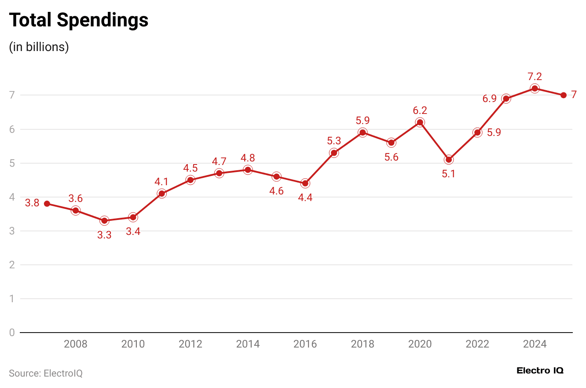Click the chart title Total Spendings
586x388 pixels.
click(79, 20)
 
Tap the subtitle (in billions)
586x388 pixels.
click(39, 47)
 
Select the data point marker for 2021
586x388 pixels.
click(449, 160)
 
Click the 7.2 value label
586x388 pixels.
click(535, 77)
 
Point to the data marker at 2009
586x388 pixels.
click(104, 220)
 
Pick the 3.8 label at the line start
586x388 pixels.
click(32, 203)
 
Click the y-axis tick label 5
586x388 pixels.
click(12, 163)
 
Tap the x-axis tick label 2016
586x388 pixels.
click(305, 344)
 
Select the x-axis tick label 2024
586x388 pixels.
click(535, 344)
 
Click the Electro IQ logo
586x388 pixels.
click(540, 370)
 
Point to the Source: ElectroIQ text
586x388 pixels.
click(46, 373)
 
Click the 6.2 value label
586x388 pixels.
click(420, 110)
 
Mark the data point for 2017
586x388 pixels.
click(334, 153)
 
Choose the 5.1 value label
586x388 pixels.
click(449, 174)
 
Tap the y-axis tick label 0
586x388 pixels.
click(12, 333)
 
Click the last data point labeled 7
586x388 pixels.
click(564, 95)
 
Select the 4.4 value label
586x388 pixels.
click(305, 198)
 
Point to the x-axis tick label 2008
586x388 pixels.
click(76, 344)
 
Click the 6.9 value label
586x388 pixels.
click(490, 99)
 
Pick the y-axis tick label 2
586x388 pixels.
click(12, 265)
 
